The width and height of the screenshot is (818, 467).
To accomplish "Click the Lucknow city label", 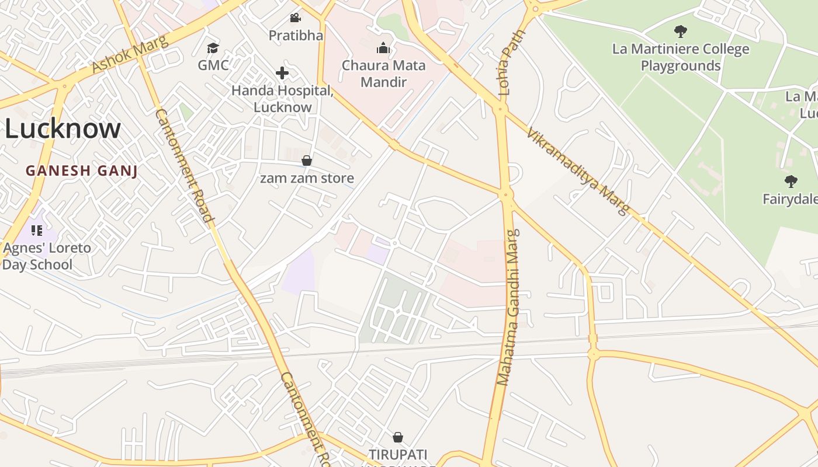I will [63, 128].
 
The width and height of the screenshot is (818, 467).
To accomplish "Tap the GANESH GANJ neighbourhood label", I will [81, 171].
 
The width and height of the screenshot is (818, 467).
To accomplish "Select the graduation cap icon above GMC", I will [213, 47].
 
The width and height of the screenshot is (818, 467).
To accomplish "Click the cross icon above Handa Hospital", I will [282, 73].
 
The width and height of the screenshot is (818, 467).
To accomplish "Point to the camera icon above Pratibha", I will [295, 18].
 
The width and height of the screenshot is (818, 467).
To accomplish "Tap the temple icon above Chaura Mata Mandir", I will [383, 47].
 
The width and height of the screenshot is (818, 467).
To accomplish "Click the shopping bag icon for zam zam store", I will [307, 161].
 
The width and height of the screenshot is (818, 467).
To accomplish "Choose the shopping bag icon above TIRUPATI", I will [398, 437].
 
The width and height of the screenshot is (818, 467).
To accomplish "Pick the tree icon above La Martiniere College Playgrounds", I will [680, 31].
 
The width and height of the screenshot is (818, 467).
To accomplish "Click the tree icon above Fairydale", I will [791, 182].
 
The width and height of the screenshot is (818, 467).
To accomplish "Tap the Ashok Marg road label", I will [130, 54].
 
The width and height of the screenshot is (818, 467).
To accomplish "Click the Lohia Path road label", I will [504, 63].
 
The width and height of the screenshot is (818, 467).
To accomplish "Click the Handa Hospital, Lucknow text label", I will [283, 99].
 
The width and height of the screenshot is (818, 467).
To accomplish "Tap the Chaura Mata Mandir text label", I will [383, 73].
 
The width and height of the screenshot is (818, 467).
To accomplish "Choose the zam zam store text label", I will [307, 178].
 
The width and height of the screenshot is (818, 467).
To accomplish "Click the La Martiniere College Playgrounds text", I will [681, 57].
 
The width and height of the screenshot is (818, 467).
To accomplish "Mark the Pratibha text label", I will [296, 36].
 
